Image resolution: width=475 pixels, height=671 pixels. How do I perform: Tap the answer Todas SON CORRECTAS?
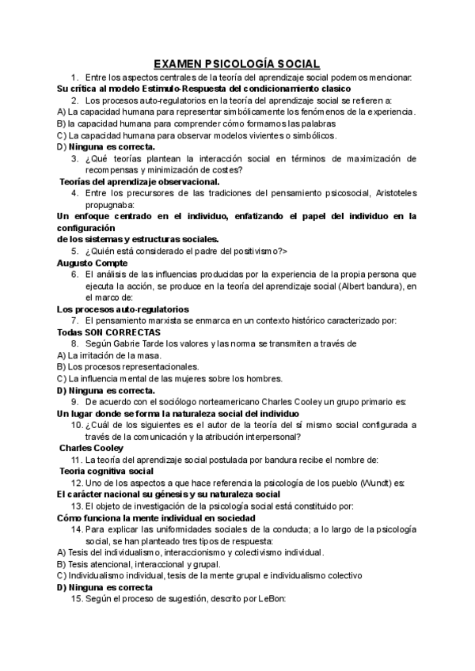108,332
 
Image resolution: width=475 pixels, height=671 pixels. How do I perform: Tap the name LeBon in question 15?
258,600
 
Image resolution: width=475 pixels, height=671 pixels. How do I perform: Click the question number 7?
74,320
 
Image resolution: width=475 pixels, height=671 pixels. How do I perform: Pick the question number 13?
76,505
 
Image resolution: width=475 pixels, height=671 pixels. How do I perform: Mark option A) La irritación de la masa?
109,355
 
